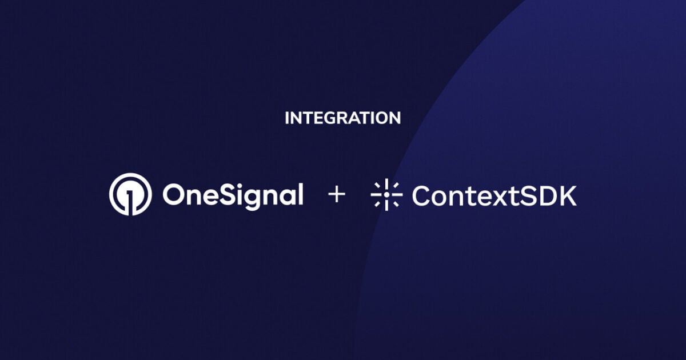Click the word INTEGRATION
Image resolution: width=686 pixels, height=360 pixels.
[342, 118]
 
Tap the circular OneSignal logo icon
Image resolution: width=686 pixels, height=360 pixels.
[130, 194]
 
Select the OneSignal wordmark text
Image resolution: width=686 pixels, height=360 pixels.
[232, 195]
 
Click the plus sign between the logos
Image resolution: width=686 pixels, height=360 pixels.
[337, 195]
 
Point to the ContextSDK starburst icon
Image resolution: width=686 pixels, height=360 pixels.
[386, 195]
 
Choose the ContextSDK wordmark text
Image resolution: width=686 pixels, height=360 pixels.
[494, 195]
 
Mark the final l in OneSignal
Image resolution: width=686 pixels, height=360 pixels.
[299, 194]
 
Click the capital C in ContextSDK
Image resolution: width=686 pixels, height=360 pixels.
[422, 195]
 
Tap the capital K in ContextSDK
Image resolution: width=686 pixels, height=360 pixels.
[568, 195]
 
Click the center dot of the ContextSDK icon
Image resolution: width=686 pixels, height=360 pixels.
[386, 195]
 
